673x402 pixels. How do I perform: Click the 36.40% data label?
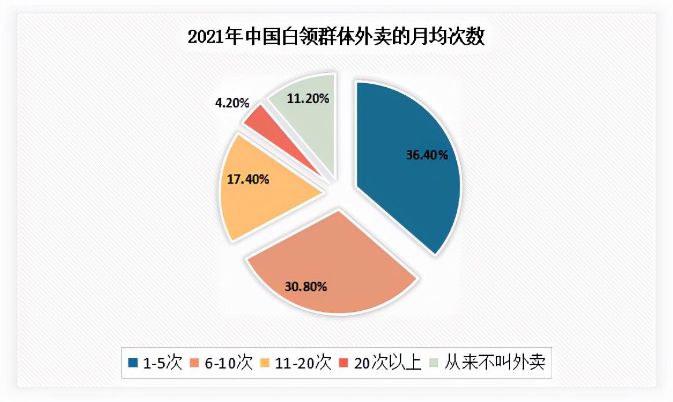pos(427,155)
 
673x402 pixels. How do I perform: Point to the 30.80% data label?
pos(306,285)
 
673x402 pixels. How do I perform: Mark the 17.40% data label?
pos(248,179)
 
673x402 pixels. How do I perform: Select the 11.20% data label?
pos(308,98)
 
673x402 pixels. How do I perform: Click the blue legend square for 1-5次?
pos(134,363)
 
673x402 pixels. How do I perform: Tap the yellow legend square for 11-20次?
pos(267,363)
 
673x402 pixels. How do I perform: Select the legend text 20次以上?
pos(387,363)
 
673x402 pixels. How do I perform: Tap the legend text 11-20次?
pos(304,363)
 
